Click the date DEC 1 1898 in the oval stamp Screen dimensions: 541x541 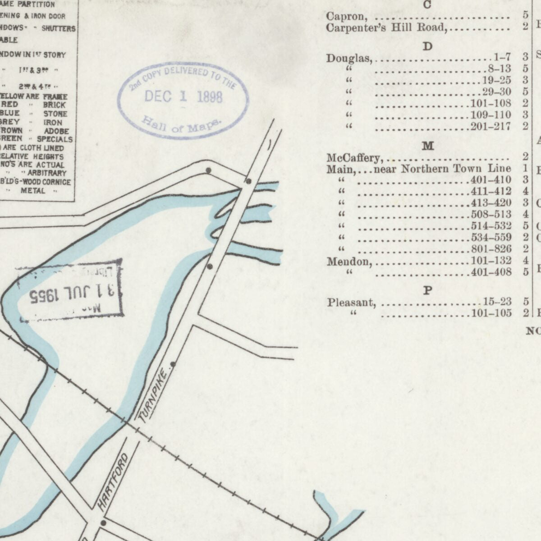183,96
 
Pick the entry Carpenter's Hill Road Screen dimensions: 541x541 386,28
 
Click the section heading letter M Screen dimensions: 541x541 427,146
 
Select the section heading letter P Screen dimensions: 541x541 428,291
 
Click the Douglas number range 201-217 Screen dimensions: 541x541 491,127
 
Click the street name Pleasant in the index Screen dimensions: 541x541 352,303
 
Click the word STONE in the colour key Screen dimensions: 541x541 55,114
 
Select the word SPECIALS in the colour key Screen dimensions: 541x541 55,139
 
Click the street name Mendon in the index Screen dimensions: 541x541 349,261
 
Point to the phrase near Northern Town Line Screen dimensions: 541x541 442,169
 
